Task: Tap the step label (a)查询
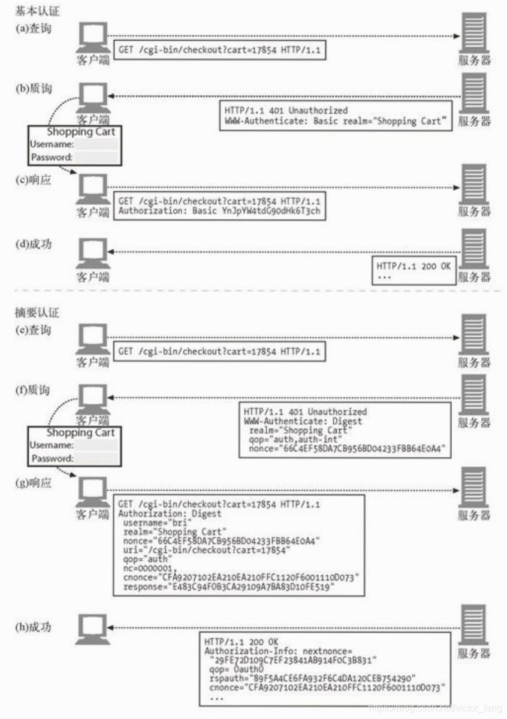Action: pos(33,28)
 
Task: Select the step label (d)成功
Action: pos(33,244)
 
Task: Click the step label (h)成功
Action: pos(33,627)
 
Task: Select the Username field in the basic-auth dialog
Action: pos(96,144)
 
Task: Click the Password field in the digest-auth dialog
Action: pos(96,458)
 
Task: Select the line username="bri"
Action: pos(147,522)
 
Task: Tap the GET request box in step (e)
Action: pos(219,351)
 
